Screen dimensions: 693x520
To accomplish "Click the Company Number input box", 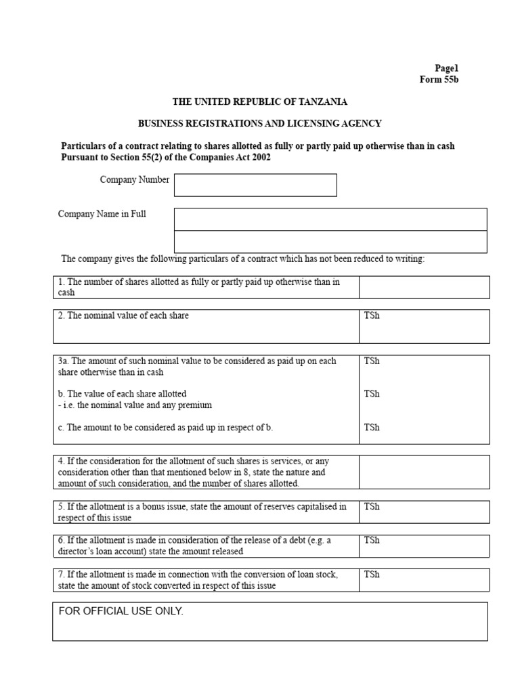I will click(x=255, y=185).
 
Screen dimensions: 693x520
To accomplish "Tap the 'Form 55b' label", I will click(x=439, y=80).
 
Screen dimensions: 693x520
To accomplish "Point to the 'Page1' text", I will click(x=446, y=68).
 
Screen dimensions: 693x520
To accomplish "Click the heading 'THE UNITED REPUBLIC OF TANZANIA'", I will click(x=260, y=102).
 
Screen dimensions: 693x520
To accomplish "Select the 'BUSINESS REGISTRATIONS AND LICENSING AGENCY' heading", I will click(x=260, y=123).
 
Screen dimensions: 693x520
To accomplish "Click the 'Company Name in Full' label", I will click(x=102, y=214).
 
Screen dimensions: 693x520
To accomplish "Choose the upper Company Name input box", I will click(x=330, y=219).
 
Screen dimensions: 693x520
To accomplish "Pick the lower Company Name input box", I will click(x=330, y=242).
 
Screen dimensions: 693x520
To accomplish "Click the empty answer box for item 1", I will click(x=424, y=287).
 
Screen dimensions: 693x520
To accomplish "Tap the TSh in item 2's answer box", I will click(x=372, y=316).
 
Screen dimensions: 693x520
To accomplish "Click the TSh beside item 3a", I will click(x=372, y=361).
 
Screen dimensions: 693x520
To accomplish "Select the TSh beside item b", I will click(x=372, y=394).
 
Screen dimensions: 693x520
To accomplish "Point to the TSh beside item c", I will click(x=372, y=427).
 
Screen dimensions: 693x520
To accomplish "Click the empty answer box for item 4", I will click(x=424, y=472).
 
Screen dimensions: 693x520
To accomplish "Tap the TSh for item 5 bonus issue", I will click(x=372, y=506).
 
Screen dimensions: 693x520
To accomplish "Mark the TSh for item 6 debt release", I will click(x=372, y=540).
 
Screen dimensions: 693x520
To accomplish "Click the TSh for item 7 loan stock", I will click(x=372, y=575).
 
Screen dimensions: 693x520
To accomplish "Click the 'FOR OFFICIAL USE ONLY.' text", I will click(x=121, y=611).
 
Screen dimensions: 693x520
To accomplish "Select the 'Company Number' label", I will click(x=135, y=180).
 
